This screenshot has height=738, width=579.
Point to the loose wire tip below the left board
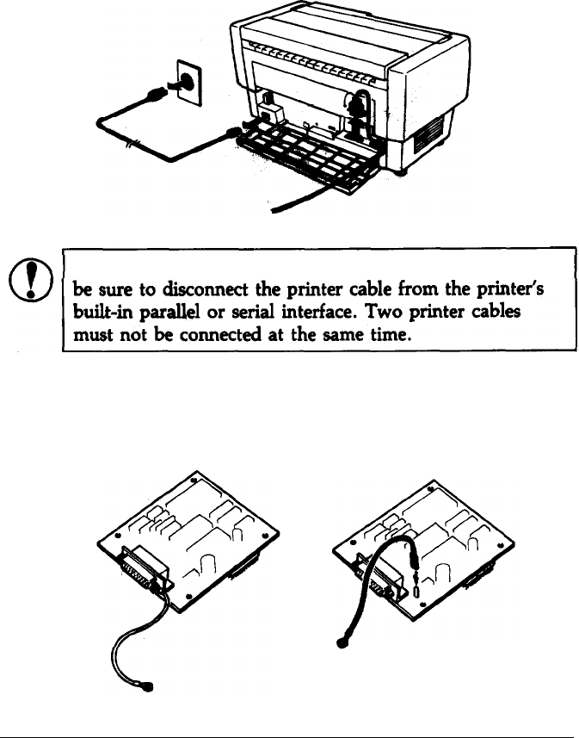click(x=151, y=687)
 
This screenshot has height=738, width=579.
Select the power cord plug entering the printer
click(x=234, y=132)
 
